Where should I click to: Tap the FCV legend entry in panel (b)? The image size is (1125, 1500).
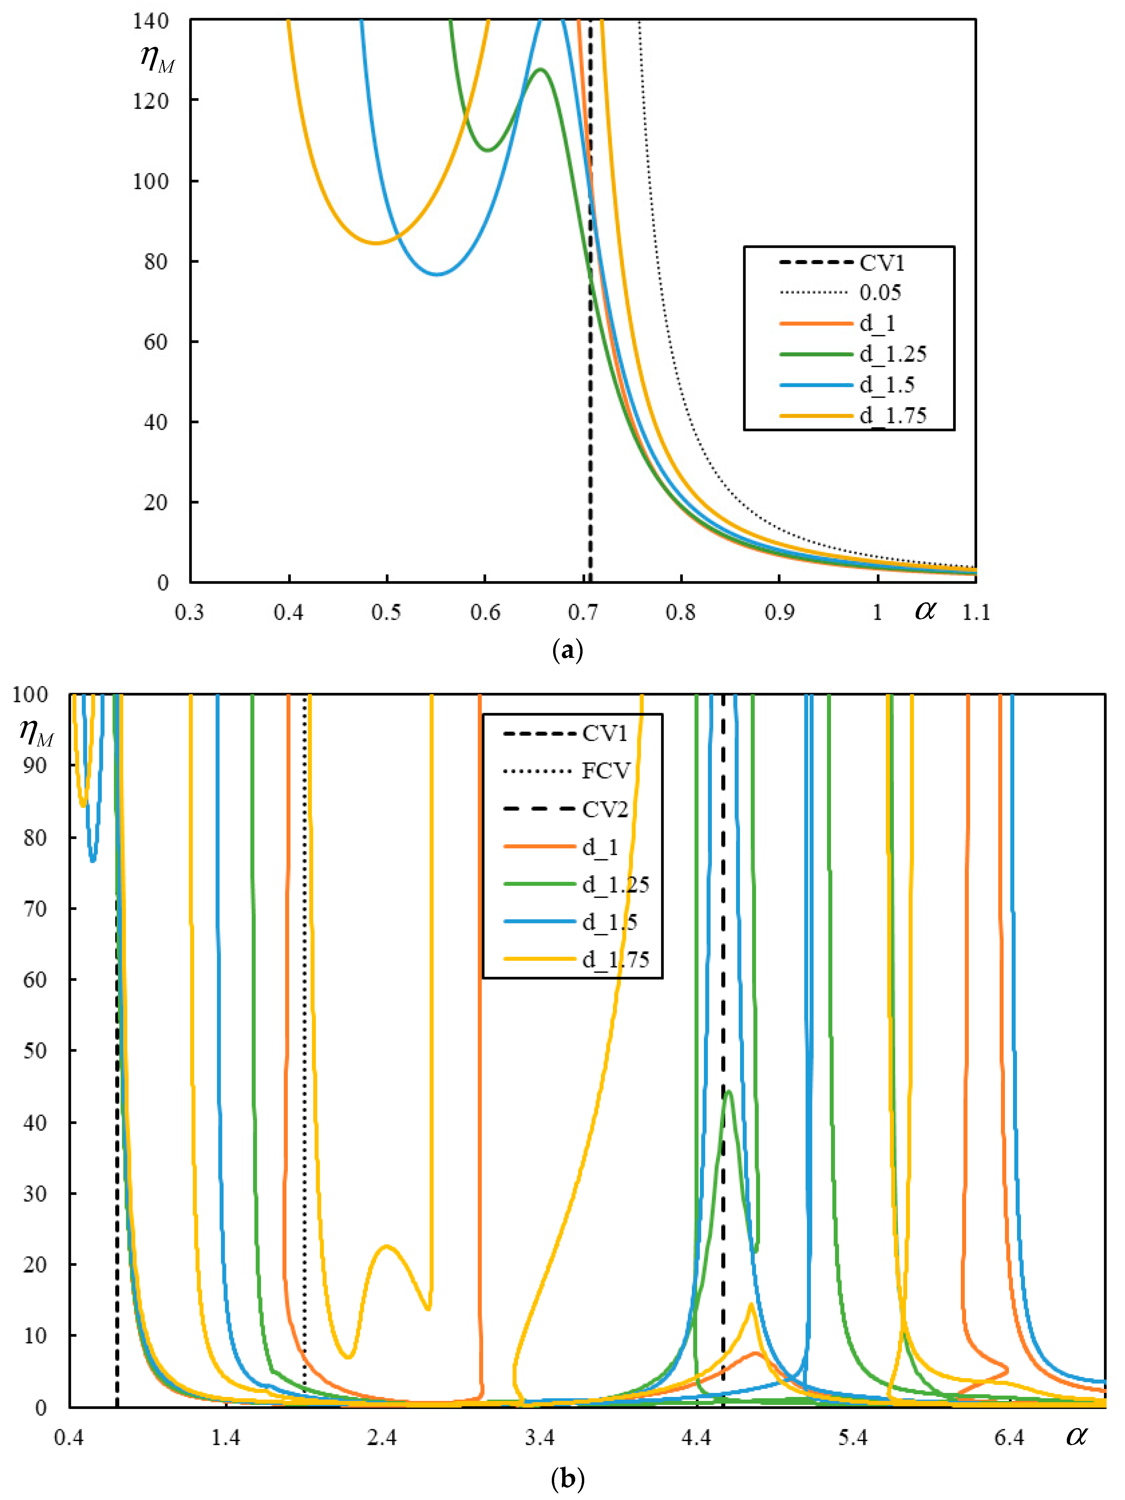point(606,771)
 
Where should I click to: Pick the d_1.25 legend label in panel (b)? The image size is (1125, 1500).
point(615,884)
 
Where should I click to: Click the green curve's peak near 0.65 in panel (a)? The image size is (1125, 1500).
point(540,69)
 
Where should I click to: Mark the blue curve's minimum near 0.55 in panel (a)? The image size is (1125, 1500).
point(437,274)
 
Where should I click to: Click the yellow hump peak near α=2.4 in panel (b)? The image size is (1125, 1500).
point(387,1246)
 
